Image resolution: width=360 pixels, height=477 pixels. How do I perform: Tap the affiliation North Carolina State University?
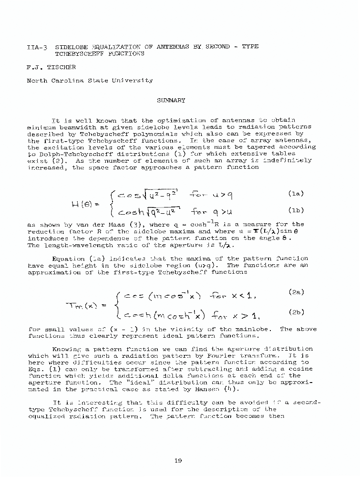click(x=90, y=81)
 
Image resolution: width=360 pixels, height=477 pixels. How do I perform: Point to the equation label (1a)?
click(x=297, y=194)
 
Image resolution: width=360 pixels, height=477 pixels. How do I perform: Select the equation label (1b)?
click(x=297, y=209)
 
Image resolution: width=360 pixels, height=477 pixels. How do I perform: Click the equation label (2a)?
click(x=296, y=291)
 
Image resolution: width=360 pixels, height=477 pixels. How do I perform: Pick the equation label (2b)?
click(x=296, y=312)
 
